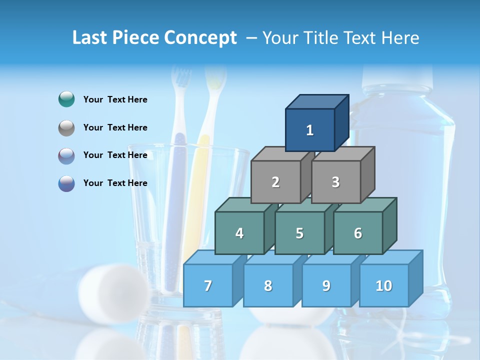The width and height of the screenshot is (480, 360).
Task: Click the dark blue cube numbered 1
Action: coord(310,130)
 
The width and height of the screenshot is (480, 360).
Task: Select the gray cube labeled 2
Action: coord(275,182)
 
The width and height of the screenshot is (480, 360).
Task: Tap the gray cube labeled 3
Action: coord(335,182)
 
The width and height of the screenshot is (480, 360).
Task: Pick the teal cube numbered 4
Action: coord(239,233)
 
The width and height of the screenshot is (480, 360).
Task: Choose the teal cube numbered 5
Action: coord(299,233)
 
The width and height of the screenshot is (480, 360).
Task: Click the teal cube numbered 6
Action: coord(358,233)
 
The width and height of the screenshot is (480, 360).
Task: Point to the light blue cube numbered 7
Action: coord(208,285)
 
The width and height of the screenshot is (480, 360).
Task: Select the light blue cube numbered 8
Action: coord(268,285)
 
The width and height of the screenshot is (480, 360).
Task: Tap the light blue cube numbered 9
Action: coord(326,285)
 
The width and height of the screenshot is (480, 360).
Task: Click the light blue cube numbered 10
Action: coord(383,285)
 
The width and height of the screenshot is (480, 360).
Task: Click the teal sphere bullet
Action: coord(66,99)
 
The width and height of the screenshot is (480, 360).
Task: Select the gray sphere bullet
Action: coord(66,128)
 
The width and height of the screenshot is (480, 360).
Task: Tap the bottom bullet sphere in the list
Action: coord(66,183)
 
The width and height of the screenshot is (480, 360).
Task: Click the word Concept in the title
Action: coord(200,38)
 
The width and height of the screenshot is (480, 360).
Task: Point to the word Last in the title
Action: coord(90,38)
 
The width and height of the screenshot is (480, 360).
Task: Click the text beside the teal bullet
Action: coord(115,99)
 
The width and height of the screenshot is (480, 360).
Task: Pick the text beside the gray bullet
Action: coord(115,127)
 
